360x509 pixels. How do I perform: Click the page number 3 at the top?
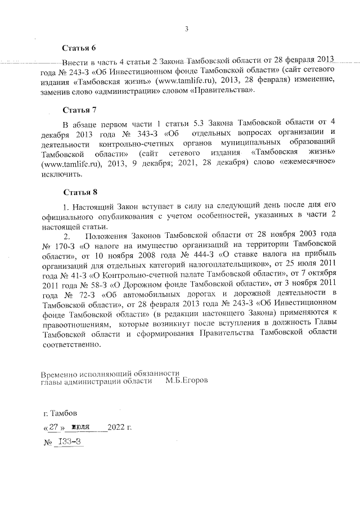point(186,29)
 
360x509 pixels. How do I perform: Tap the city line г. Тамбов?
point(60,413)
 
